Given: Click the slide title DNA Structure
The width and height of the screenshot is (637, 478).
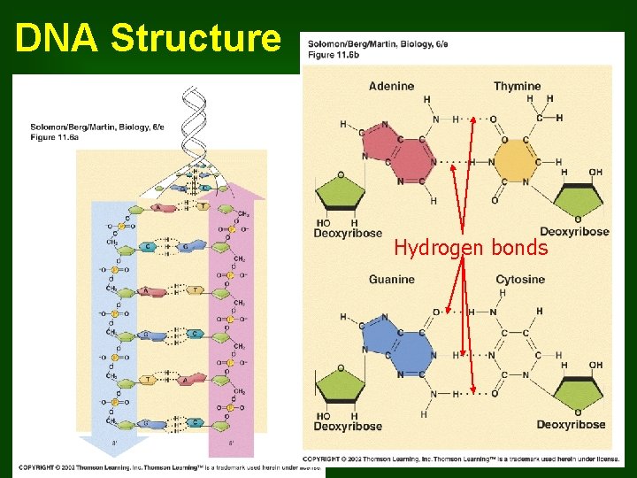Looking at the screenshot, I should coord(146,38).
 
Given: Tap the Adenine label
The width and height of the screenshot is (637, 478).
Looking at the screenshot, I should coord(391,86).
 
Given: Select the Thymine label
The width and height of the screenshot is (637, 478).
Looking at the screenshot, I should coord(517,86).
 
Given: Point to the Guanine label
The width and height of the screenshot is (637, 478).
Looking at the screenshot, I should coord(391,280).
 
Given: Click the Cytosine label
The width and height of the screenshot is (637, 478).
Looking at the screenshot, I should coord(520,280).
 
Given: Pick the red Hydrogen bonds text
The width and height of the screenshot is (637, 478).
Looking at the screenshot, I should coord(471,249).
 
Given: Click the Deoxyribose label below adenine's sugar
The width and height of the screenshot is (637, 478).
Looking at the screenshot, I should coord(348,233).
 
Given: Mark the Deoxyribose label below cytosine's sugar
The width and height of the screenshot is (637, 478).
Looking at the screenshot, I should coord(571,425).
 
